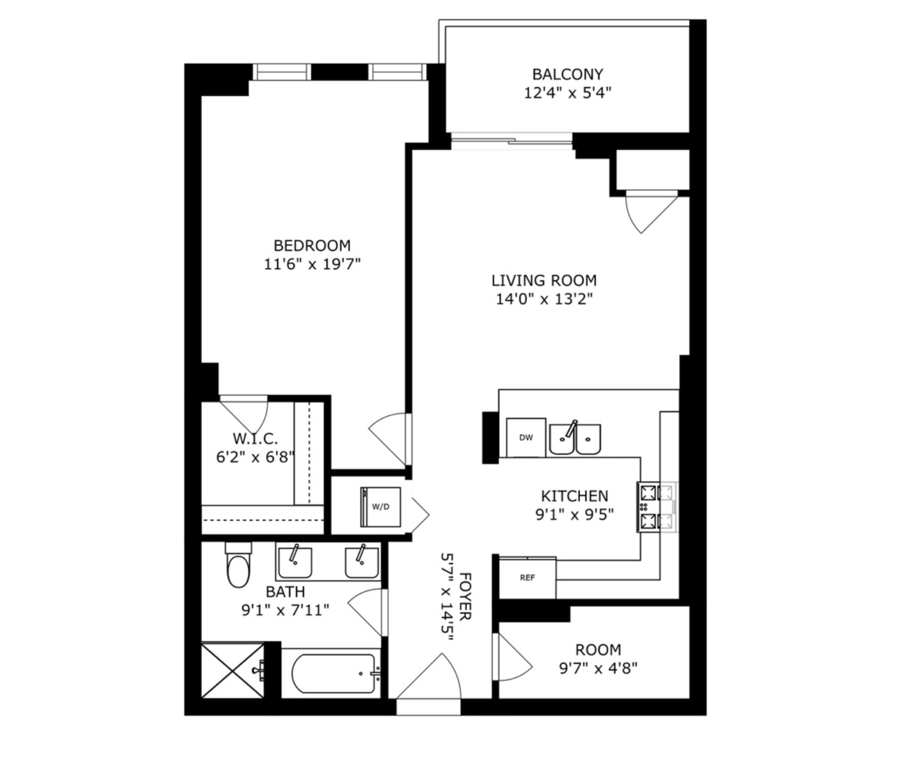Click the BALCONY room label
[x=567, y=74]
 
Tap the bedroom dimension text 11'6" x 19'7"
[x=312, y=264]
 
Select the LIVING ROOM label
[x=543, y=281]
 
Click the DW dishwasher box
[x=526, y=438]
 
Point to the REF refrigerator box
[x=527, y=578]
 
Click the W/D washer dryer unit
[x=380, y=506]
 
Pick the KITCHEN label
[x=574, y=496]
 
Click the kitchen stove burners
[x=656, y=507]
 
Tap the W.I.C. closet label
[x=255, y=438]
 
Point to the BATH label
[x=285, y=592]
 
